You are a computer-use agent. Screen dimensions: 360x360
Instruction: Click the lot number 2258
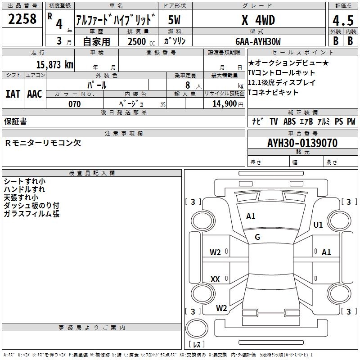tap(22, 20)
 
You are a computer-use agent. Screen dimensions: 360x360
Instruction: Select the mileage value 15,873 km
tap(54, 64)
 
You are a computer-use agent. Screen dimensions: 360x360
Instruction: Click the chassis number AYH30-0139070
tap(302, 143)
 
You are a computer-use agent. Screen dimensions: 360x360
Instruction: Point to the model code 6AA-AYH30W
tap(258, 41)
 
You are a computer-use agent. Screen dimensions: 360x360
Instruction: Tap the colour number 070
tap(75, 104)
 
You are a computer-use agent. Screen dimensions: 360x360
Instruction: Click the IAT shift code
tap(13, 94)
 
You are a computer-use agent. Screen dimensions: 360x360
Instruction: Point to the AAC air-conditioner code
tap(35, 94)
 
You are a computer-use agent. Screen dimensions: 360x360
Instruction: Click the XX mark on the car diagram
tap(216, 279)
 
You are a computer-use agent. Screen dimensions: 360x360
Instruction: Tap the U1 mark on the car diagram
tap(318, 225)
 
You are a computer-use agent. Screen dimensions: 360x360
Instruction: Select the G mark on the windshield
tap(257, 237)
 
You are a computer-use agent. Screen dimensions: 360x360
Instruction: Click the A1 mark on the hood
tap(251, 216)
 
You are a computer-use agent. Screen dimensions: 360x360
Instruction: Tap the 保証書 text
tap(15, 121)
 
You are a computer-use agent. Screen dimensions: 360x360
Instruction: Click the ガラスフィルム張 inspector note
tap(31, 214)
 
